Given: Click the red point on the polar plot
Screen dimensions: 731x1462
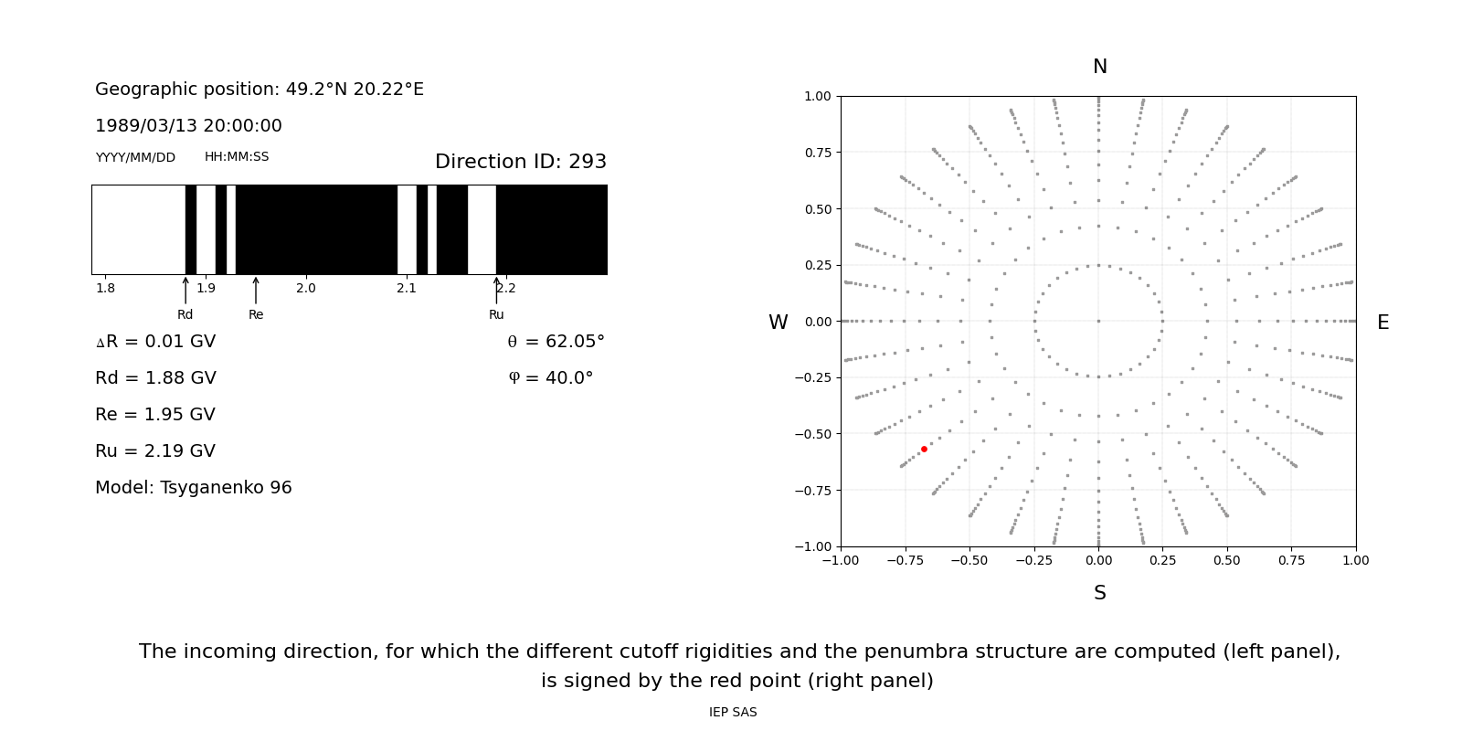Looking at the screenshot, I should [x=924, y=449].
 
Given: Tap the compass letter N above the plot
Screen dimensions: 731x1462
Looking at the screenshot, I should [x=1099, y=67].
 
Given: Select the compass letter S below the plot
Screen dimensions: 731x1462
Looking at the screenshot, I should [x=1099, y=593].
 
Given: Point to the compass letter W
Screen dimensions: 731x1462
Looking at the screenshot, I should [x=778, y=323].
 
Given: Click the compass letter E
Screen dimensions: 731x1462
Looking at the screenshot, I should [x=1383, y=323].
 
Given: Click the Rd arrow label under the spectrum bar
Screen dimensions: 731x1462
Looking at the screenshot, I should [x=185, y=314].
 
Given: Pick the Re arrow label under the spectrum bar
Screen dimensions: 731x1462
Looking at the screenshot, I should [x=256, y=314].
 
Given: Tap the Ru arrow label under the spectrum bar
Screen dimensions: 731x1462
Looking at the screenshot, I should [x=496, y=314].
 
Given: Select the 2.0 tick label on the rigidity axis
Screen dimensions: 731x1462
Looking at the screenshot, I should [x=306, y=289].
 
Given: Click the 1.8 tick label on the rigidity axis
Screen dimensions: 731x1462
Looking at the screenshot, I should [x=106, y=289].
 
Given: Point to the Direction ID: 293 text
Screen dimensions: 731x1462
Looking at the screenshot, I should [x=520, y=162].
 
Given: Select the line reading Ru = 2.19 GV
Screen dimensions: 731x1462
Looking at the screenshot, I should [x=155, y=451].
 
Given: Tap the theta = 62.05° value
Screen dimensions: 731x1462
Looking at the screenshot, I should [x=556, y=342].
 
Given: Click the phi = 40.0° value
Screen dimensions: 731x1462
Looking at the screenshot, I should [x=550, y=378].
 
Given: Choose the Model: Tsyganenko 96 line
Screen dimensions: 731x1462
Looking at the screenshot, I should [x=194, y=488].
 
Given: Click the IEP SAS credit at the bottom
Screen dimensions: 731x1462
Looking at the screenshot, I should [x=733, y=712].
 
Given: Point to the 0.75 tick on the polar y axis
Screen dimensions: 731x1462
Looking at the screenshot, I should [x=817, y=153].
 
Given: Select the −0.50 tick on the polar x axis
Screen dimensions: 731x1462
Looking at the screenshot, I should [x=969, y=560].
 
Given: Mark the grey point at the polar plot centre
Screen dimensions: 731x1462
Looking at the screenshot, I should [x=1098, y=321].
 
